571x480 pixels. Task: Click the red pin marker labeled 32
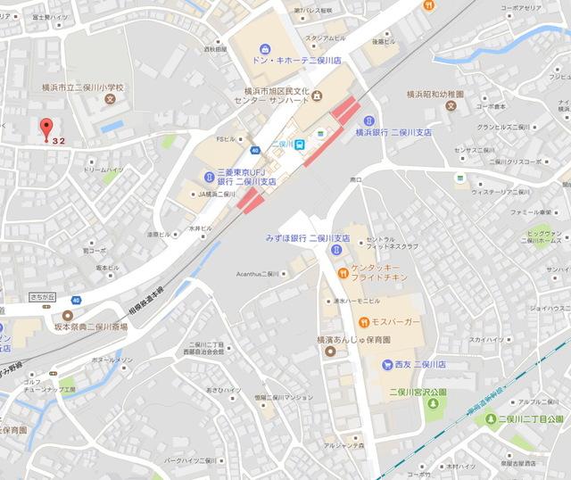(47, 128)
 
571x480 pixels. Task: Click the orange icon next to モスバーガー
(364, 321)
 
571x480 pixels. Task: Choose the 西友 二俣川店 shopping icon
(386, 364)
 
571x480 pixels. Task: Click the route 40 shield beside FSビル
(255, 150)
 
